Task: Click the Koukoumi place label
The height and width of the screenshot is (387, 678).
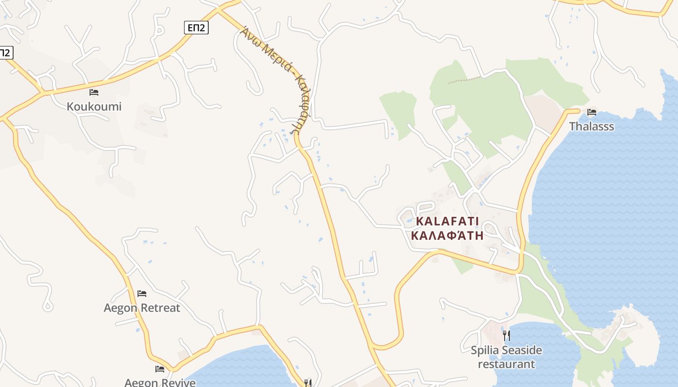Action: tap(94, 106)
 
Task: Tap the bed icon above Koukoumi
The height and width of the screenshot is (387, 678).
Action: tap(94, 92)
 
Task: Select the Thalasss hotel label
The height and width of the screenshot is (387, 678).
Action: tap(591, 127)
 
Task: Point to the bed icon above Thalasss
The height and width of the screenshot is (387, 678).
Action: tap(591, 112)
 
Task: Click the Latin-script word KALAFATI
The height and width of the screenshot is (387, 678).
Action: tap(447, 222)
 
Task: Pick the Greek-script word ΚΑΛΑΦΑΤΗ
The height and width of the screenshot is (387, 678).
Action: tap(447, 236)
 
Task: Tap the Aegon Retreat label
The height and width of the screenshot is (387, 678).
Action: tap(142, 308)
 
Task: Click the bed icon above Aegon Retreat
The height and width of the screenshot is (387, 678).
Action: tap(142, 293)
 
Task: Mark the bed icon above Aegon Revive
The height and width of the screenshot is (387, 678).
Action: tap(160, 369)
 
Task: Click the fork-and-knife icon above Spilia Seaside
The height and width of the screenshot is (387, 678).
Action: tap(507, 335)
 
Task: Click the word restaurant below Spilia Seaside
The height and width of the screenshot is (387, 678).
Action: tap(507, 364)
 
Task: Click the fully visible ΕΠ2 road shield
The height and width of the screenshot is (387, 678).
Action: tap(196, 28)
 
